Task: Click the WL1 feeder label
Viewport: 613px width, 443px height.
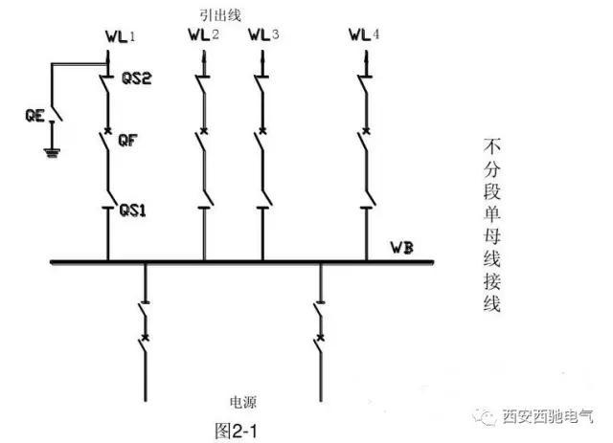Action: coord(120,38)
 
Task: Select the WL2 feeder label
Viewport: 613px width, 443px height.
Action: coord(203,36)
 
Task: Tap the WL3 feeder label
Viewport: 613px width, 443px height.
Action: coord(262,36)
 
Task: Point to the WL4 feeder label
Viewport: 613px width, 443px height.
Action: coord(363,36)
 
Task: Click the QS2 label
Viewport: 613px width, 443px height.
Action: coord(137,78)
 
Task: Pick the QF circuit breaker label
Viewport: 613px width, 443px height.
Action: coord(127,141)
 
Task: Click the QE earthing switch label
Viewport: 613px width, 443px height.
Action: coord(34,118)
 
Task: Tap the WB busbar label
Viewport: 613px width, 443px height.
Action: coord(402,250)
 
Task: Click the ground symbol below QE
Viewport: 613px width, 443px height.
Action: coord(50,150)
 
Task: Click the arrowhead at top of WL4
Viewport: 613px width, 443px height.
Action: coord(367,58)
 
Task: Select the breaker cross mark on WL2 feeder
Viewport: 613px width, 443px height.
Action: coord(204,128)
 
